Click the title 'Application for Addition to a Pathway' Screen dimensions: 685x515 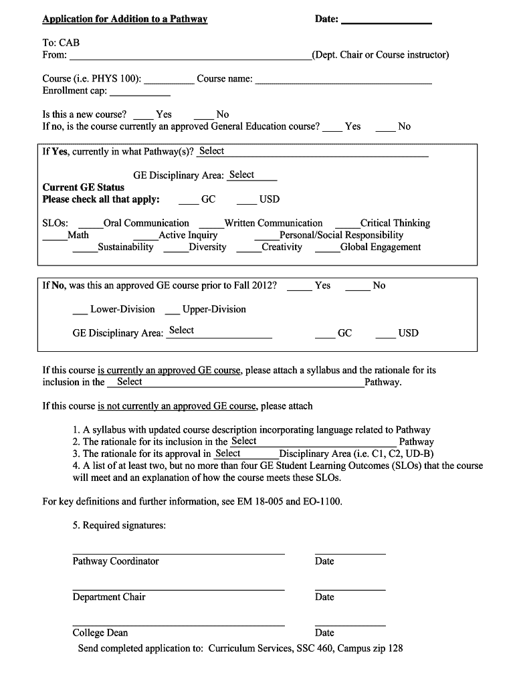[125, 19]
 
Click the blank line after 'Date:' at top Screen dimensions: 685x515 [386, 21]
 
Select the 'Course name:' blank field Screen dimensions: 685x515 [343, 80]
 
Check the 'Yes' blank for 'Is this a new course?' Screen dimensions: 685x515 [142, 116]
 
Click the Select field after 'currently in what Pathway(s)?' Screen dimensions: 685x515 [311, 152]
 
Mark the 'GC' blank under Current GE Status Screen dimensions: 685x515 [189, 200]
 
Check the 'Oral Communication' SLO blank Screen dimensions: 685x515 [90, 224]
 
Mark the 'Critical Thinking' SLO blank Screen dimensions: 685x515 [346, 224]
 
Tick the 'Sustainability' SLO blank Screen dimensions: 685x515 [84, 248]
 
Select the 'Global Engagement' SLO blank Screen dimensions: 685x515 [326, 248]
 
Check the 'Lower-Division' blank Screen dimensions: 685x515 [80, 310]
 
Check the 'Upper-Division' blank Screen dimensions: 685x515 [172, 310]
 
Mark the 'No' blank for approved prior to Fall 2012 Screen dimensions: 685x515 [358, 287]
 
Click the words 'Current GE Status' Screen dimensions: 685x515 [84, 187]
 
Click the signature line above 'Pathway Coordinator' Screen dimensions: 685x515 [178, 553]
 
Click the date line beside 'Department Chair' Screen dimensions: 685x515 [350, 589]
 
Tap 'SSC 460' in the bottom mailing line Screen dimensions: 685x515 [314, 648]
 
